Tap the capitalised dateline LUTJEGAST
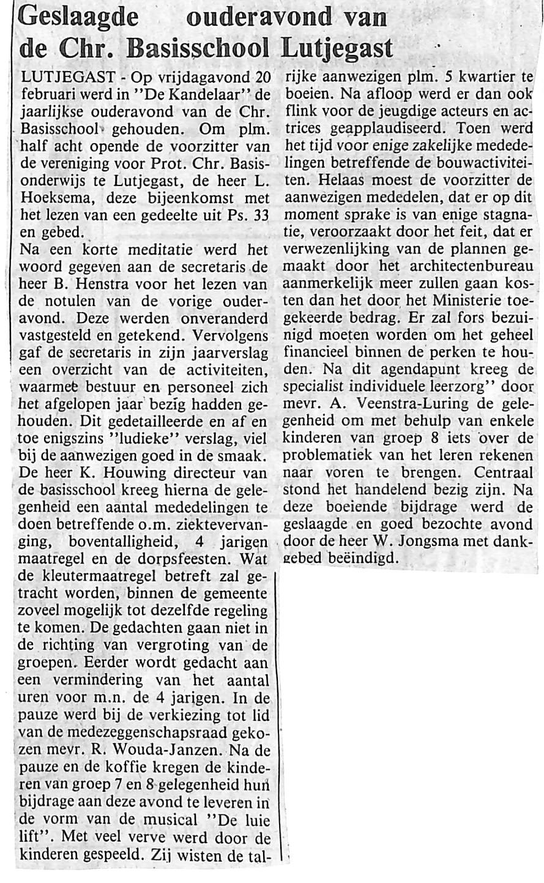tap(67, 78)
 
